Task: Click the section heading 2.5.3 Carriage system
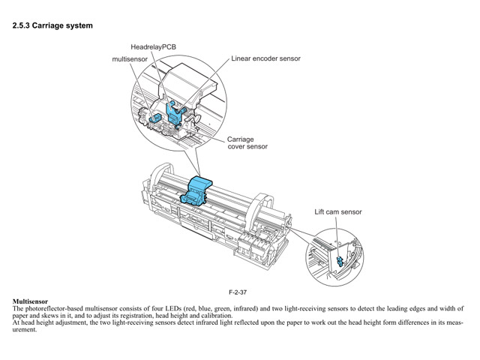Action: point(52,25)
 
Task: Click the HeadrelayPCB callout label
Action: point(153,46)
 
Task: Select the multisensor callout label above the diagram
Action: point(130,58)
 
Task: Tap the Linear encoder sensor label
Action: point(265,58)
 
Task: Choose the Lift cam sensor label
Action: point(337,212)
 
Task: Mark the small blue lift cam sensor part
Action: point(340,260)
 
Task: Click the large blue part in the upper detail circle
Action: point(175,111)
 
